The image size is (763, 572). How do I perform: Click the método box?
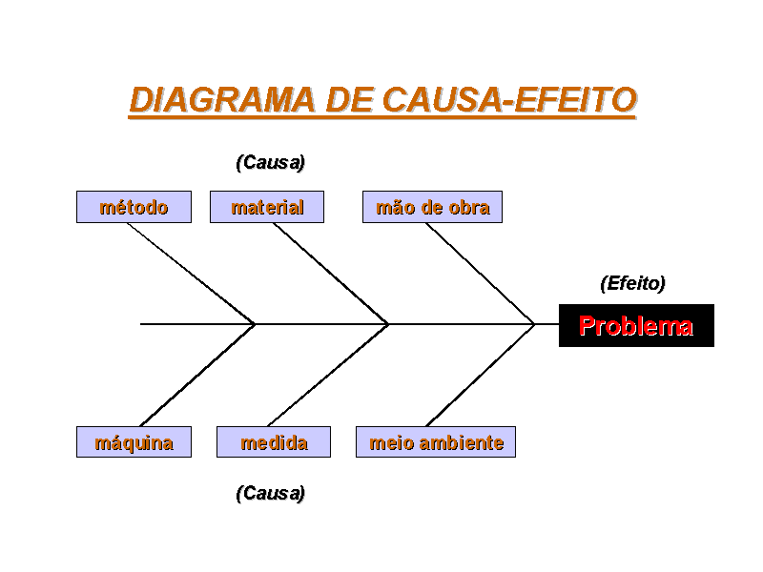click(134, 207)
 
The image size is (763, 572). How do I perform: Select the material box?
click(267, 207)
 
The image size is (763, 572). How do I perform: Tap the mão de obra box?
click(433, 207)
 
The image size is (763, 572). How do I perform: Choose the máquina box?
click(134, 441)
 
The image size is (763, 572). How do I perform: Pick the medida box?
click(274, 441)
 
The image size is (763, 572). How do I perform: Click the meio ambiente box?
click(436, 441)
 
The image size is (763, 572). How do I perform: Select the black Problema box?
click(636, 325)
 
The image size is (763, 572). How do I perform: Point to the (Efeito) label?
click(633, 283)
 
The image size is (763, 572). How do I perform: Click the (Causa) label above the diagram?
click(271, 162)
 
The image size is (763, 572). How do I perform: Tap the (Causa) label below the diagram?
click(271, 493)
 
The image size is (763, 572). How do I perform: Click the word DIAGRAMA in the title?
click(222, 100)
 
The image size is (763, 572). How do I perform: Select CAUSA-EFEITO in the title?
click(509, 100)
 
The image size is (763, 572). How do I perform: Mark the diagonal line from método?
click(191, 274)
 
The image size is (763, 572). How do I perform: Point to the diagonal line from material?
click(331, 274)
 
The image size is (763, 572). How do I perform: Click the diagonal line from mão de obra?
click(481, 274)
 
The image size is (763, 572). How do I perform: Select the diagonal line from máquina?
click(197, 375)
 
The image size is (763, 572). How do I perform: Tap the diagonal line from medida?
click(328, 375)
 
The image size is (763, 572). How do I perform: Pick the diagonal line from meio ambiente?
click(481, 375)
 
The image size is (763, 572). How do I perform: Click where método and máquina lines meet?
click(254, 324)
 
